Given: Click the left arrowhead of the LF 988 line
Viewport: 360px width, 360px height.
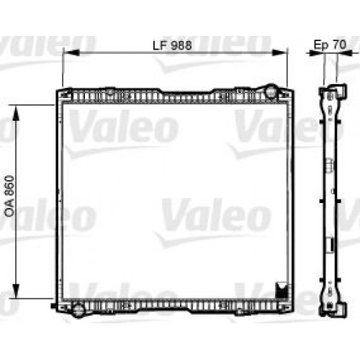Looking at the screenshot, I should pos(67,52).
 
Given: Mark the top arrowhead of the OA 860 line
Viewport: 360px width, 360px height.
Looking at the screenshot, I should pos(18,107).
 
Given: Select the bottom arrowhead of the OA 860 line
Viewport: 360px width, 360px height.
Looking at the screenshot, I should pos(18,297).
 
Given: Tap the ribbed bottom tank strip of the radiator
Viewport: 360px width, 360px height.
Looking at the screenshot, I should pos(173,304).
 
